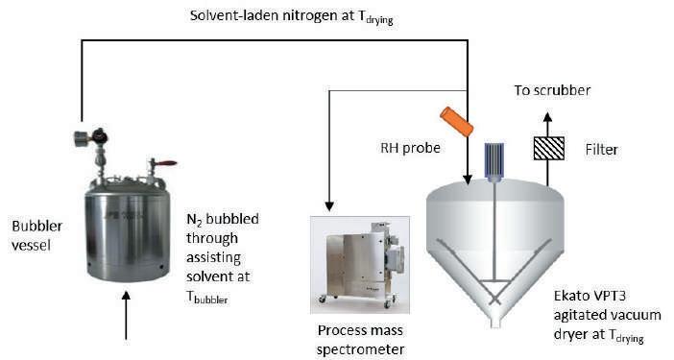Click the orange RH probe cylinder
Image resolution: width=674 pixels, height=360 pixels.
point(456,122)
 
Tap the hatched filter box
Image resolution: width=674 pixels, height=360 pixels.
point(548,148)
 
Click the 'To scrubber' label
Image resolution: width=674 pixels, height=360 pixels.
point(552,90)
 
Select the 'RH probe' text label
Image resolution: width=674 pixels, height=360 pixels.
point(411,148)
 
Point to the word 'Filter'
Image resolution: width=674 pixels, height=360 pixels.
point(601,150)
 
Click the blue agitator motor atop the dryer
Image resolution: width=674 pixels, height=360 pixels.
point(494,159)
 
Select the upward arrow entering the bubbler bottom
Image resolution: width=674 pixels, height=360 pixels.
point(126,316)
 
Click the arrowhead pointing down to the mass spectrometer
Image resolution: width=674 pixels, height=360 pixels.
point(329,206)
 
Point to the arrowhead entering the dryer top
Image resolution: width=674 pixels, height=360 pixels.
point(468,180)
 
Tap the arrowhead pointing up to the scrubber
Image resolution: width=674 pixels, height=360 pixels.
point(547,117)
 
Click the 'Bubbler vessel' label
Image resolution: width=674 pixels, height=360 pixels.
point(37,235)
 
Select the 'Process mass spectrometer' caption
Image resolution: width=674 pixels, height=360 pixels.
point(360,340)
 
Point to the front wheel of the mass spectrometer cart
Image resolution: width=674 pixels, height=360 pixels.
point(322,299)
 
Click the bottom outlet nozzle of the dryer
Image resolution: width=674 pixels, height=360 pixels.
point(495,323)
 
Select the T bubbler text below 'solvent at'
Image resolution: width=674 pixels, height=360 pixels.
point(207,298)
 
